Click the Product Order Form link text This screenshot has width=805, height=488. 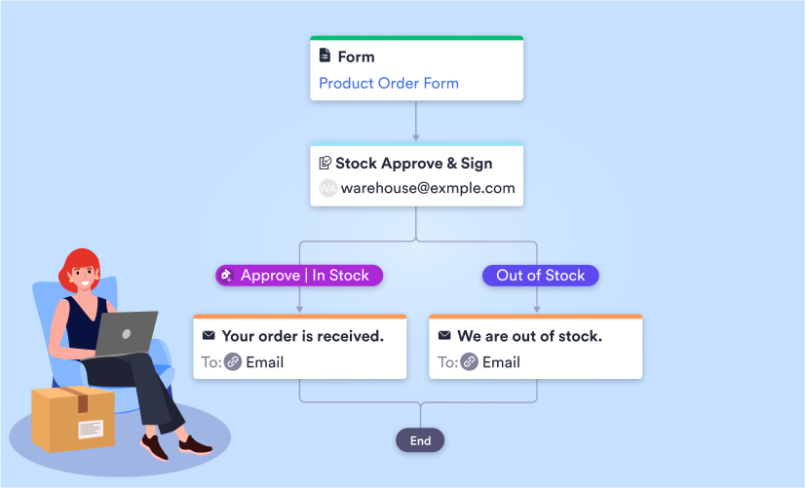tap(389, 83)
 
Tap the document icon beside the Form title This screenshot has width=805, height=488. tap(325, 56)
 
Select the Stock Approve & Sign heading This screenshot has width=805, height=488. tap(413, 163)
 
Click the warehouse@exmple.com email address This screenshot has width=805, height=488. tap(427, 188)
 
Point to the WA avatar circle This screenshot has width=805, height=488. tap(327, 188)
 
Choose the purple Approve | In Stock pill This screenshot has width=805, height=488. tap(299, 276)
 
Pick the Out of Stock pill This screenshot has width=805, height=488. tap(540, 276)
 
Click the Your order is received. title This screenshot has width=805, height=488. tap(302, 336)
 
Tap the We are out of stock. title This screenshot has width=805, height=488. tap(529, 336)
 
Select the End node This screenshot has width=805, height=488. tap(420, 440)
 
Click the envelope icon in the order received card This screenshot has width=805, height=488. tap(208, 336)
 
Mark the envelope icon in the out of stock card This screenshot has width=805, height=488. tap(444, 336)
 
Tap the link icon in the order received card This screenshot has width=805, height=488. tap(233, 362)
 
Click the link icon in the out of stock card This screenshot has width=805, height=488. tap(470, 362)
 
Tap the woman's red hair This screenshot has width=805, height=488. tap(78, 263)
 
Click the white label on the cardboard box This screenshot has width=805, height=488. tap(91, 429)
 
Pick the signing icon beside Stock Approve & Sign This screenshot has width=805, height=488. tap(325, 163)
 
